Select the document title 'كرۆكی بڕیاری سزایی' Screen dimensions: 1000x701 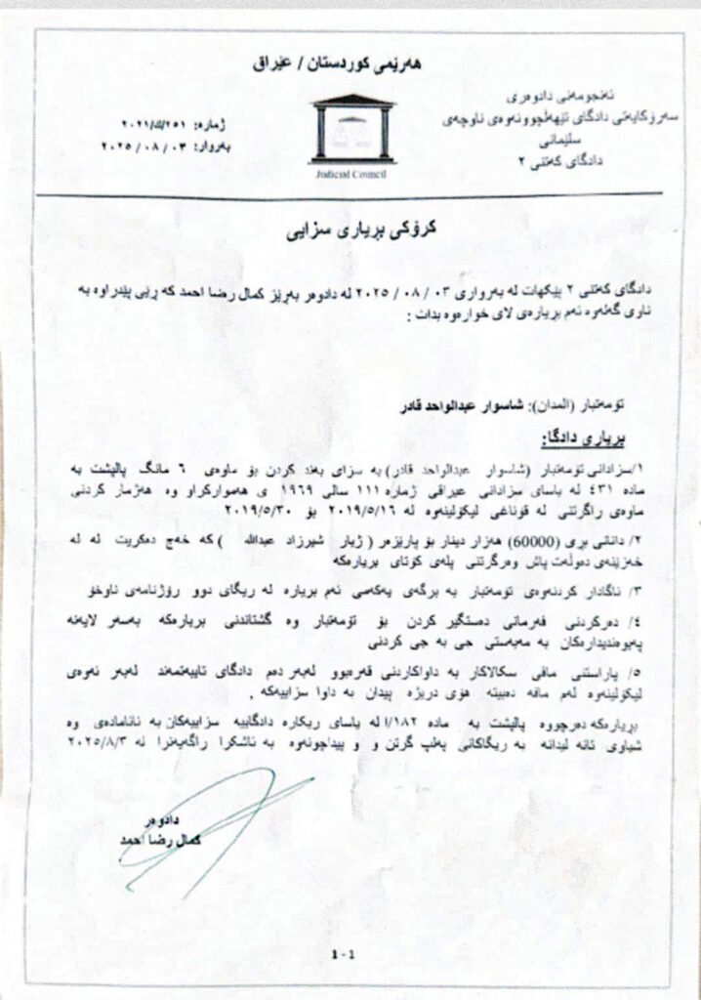coord(350,234)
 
